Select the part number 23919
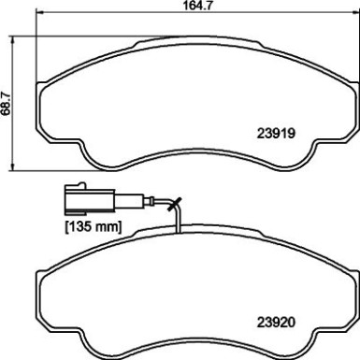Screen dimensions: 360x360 [x=278, y=133]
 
